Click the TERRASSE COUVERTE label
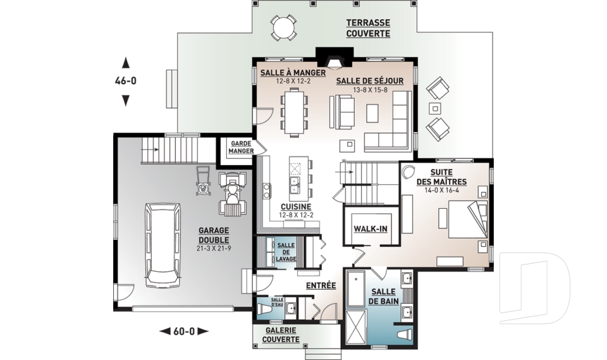click(x=368, y=28)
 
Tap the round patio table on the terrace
click(x=284, y=27)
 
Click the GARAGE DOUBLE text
click(x=214, y=235)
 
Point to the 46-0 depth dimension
click(x=125, y=81)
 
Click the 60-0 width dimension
click(x=184, y=332)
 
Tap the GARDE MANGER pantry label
click(x=241, y=147)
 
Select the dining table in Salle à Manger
click(x=294, y=112)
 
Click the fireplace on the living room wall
click(x=334, y=58)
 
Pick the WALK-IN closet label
click(x=371, y=229)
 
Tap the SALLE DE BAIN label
click(x=383, y=297)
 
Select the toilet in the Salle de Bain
click(x=405, y=335)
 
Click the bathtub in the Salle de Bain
click(x=356, y=289)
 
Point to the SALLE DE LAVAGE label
click(x=286, y=252)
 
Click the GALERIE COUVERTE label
click(x=281, y=335)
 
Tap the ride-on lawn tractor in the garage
click(x=233, y=193)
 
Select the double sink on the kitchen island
click(x=296, y=185)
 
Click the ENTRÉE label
click(x=321, y=285)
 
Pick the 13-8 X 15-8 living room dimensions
click(x=370, y=90)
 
